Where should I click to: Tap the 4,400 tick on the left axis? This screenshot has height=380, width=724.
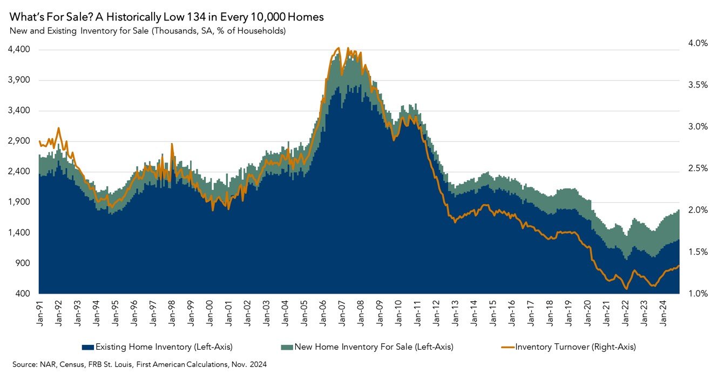pyautogui.click(x=19, y=50)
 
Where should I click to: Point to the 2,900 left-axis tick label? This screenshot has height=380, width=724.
pyautogui.click(x=19, y=141)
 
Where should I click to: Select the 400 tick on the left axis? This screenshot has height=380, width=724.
pyautogui.click(x=22, y=294)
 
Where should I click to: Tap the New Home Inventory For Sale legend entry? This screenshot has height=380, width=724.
pyautogui.click(x=373, y=347)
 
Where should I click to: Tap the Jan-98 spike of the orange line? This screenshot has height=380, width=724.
pyautogui.click(x=172, y=144)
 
